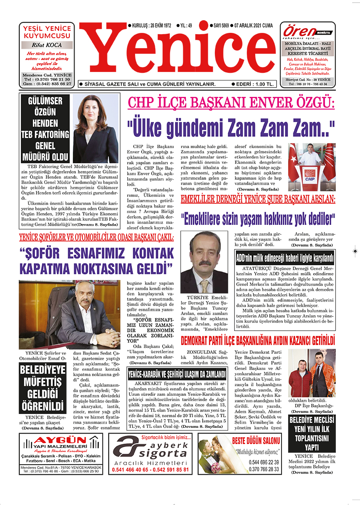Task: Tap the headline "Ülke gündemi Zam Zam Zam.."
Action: (231, 128)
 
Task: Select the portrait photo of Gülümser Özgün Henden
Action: (96, 129)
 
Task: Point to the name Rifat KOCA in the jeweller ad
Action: (47, 45)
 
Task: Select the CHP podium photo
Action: (312, 162)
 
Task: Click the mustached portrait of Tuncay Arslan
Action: (204, 263)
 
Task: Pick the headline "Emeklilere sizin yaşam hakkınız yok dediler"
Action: (258, 217)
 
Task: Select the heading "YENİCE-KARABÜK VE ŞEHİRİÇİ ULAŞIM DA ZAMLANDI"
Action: (177, 374)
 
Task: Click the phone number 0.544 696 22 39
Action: (263, 462)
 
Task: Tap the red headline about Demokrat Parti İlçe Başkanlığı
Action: (258, 341)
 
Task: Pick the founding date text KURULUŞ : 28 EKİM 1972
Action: (149, 26)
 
